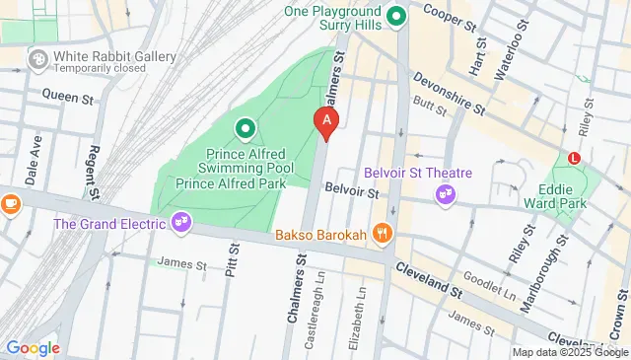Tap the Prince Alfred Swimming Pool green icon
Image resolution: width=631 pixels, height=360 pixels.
click(x=244, y=127)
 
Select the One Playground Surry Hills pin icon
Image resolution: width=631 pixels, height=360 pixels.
click(x=396, y=16)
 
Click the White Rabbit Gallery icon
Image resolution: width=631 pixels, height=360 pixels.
click(x=38, y=60)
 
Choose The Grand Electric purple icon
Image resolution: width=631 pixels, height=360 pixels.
click(x=180, y=222)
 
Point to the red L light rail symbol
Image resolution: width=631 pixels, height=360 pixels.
click(x=574, y=157)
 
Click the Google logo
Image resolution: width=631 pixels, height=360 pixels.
click(x=33, y=347)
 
